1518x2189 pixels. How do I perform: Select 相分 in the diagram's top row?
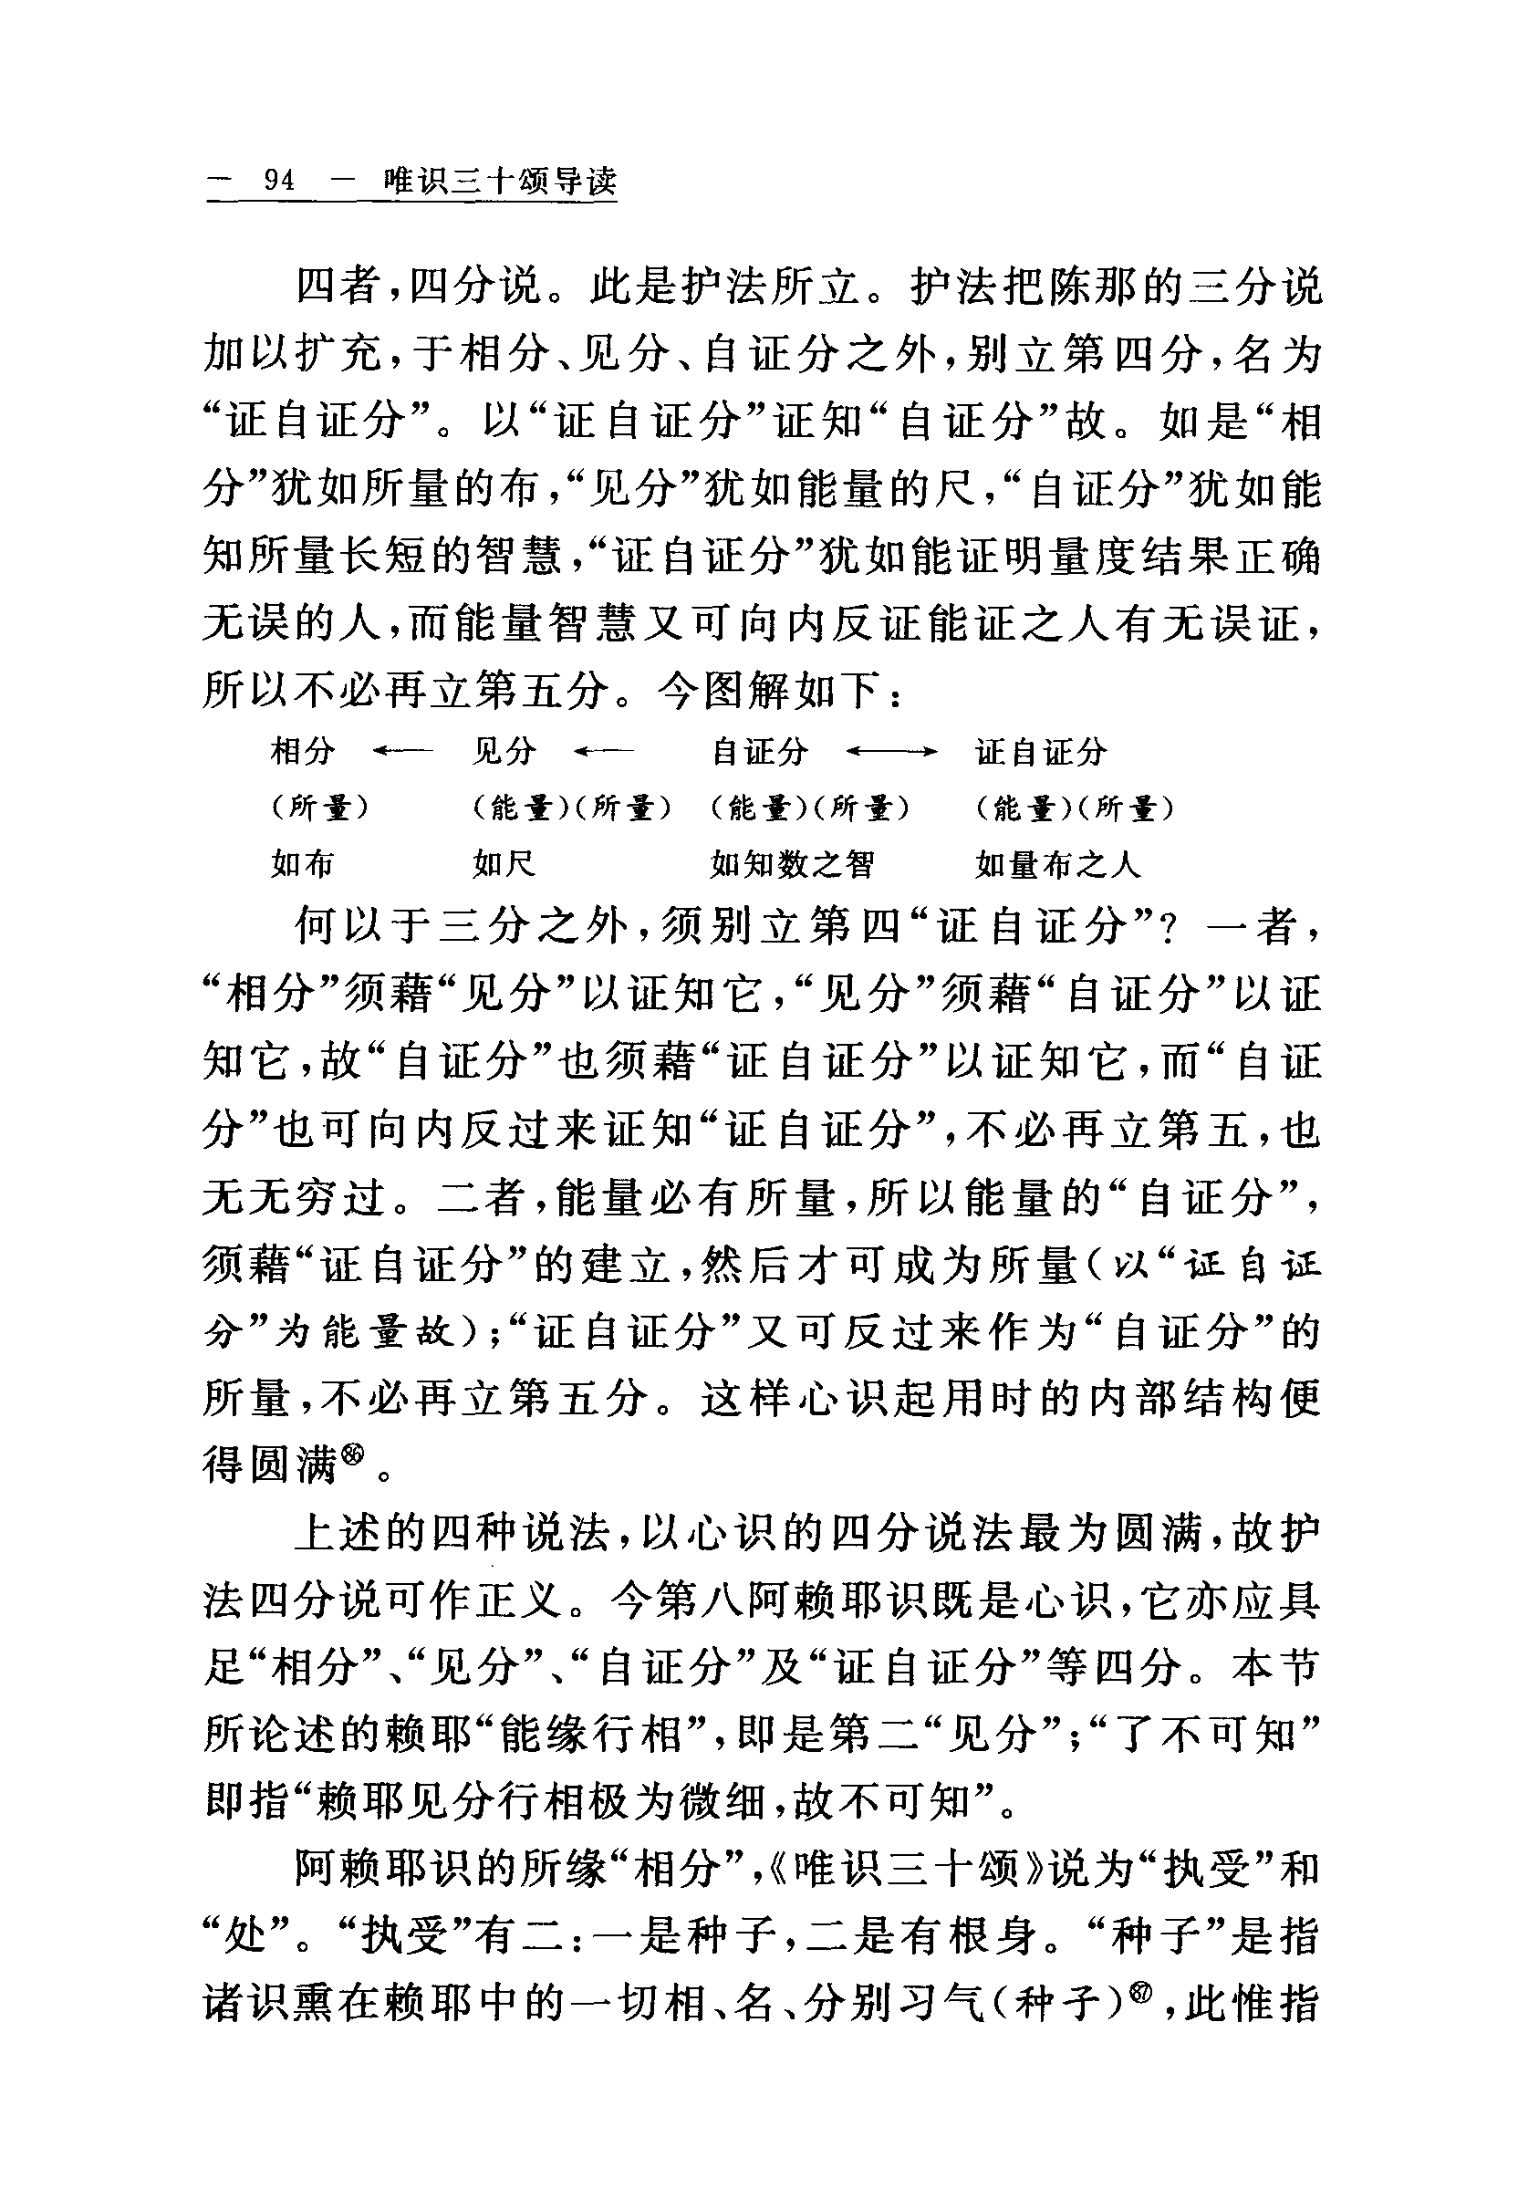[x=303, y=752]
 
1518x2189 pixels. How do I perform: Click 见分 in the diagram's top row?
[x=504, y=752]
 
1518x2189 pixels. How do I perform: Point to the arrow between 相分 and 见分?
[x=402, y=753]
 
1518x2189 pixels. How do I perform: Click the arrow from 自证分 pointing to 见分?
[x=604, y=753]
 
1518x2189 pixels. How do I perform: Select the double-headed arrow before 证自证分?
[x=891, y=753]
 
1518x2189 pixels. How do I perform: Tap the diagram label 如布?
[x=303, y=864]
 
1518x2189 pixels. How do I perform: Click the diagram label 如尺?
[x=504, y=864]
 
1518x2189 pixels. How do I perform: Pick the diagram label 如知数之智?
[x=791, y=864]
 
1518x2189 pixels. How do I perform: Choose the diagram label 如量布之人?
[x=1056, y=864]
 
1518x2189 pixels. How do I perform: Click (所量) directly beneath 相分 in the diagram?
[x=319, y=808]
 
